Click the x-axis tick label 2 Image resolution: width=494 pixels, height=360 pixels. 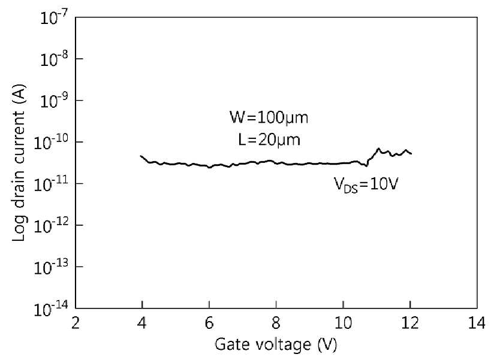tap(76, 323)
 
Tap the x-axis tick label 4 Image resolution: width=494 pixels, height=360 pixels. tap(143, 323)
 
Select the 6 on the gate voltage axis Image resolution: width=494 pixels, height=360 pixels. tap(209, 323)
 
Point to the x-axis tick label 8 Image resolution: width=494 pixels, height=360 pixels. tap(276, 323)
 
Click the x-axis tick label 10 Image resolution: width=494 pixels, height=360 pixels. tap(343, 323)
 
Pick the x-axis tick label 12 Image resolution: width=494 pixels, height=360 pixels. tap(410, 323)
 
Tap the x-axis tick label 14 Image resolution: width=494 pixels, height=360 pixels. tap(477, 323)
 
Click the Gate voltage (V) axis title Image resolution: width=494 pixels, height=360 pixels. tap(276, 344)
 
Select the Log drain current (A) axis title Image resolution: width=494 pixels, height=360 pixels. tap(19, 163)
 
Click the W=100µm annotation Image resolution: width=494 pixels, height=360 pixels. tap(269, 117)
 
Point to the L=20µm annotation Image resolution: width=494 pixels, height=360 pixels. tap(269, 139)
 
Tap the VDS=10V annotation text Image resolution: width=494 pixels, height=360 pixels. tap(366, 184)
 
